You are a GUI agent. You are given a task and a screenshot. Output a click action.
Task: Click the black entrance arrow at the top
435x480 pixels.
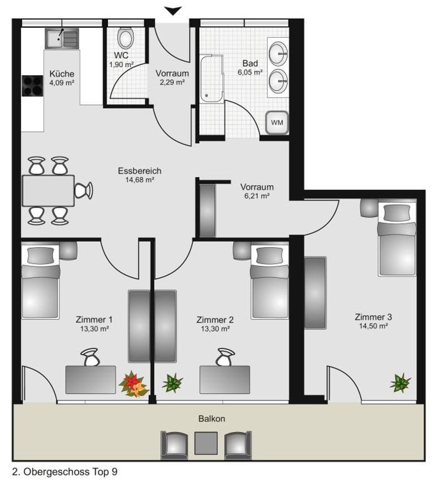pyautogui.click(x=173, y=11)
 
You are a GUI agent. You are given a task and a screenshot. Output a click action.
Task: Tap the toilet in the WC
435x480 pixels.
pyautogui.click(x=126, y=38)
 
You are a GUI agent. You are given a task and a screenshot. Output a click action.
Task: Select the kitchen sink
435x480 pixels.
pyautogui.click(x=62, y=38)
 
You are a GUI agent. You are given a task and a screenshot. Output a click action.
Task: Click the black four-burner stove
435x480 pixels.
pyautogui.click(x=32, y=86)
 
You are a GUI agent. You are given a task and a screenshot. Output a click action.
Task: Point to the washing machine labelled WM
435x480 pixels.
pyautogui.click(x=277, y=123)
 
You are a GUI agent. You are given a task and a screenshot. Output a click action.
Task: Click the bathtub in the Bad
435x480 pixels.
pyautogui.click(x=212, y=78)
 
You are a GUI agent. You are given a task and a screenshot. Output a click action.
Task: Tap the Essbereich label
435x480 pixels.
pyautogui.click(x=140, y=171)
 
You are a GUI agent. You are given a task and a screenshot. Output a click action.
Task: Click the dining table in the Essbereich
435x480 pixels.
pyautogui.click(x=48, y=191)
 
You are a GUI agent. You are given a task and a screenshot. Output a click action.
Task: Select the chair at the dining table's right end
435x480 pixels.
pyautogui.click(x=83, y=190)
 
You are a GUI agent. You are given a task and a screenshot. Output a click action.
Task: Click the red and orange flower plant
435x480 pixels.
pyautogui.click(x=133, y=384)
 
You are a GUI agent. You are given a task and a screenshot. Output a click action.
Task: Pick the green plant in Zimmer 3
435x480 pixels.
pyautogui.click(x=400, y=383)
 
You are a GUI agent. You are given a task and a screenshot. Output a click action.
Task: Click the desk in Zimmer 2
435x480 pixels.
pyautogui.click(x=225, y=379)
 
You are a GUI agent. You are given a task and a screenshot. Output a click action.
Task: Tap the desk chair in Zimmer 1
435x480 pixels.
pyautogui.click(x=90, y=357)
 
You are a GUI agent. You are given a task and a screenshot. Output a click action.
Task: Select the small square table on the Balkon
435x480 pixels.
pyautogui.click(x=206, y=443)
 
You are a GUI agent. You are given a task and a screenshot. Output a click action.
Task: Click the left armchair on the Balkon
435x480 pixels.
pyautogui.click(x=174, y=445)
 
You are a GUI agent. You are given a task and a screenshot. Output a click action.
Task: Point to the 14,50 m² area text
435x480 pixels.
pyautogui.click(x=373, y=326)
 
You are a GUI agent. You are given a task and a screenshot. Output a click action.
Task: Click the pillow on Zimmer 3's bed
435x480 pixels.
pyautogui.click(x=397, y=213)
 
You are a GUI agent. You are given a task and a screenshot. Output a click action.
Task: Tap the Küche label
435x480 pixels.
pyautogui.click(x=62, y=74)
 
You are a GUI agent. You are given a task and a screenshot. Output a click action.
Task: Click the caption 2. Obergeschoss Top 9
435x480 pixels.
pyautogui.click(x=64, y=472)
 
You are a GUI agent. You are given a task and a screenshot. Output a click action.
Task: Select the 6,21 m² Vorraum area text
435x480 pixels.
pyautogui.click(x=257, y=196)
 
